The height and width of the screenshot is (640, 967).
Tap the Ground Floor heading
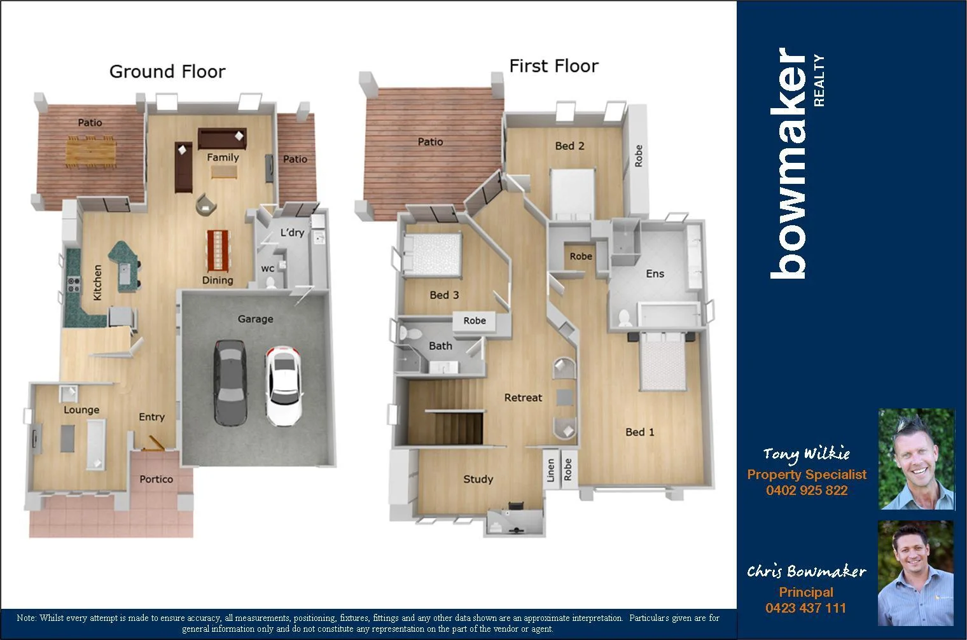tap(167, 71)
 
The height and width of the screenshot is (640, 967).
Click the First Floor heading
tap(553, 66)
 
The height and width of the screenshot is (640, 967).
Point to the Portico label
tap(156, 479)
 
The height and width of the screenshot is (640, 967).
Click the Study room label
tap(478, 479)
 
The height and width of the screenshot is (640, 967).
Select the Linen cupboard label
tap(551, 470)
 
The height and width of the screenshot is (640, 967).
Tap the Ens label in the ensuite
tap(655, 274)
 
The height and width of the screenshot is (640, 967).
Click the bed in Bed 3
tap(431, 253)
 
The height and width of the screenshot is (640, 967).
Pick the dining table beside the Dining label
tap(218, 249)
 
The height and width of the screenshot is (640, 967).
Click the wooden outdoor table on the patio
tap(91, 151)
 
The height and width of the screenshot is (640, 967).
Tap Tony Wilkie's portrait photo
tap(916, 459)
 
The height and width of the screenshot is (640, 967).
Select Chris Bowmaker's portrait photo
tap(915, 573)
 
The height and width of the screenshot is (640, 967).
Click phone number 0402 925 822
tap(807, 490)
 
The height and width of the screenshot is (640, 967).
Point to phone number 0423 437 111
tap(805, 608)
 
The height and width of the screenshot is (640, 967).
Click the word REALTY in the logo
tap(819, 80)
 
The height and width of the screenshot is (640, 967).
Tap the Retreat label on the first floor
tap(523, 398)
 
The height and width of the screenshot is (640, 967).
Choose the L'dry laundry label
tap(292, 232)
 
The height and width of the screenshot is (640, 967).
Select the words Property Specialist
tap(807, 475)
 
